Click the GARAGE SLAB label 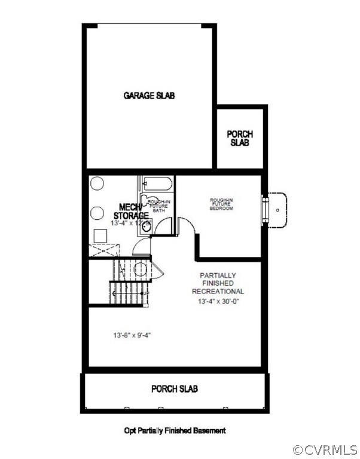149,95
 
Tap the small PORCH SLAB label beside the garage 239,138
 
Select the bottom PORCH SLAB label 174,389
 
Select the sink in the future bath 147,227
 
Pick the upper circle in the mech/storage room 97,185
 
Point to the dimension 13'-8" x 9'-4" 131,335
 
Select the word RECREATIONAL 218,291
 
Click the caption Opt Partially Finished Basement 175,430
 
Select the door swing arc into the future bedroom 186,226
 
